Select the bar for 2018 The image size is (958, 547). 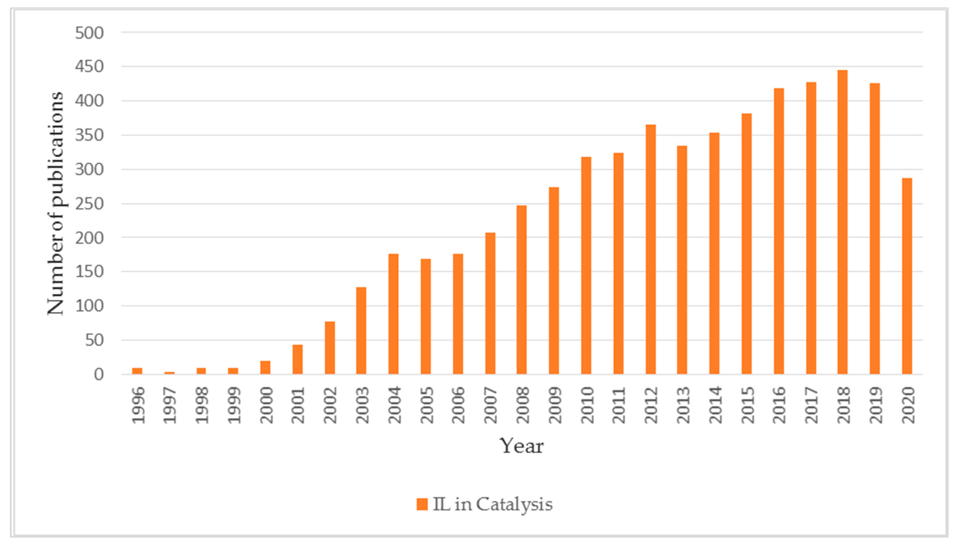[842, 222]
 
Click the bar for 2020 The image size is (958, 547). [907, 276]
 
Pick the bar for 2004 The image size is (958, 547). [393, 314]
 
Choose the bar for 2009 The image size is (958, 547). [554, 280]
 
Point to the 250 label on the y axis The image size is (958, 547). [89, 204]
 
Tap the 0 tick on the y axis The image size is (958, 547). [98, 375]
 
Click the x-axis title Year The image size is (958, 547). [521, 446]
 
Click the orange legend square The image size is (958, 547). [422, 504]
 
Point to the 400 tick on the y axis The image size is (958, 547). [89, 101]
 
